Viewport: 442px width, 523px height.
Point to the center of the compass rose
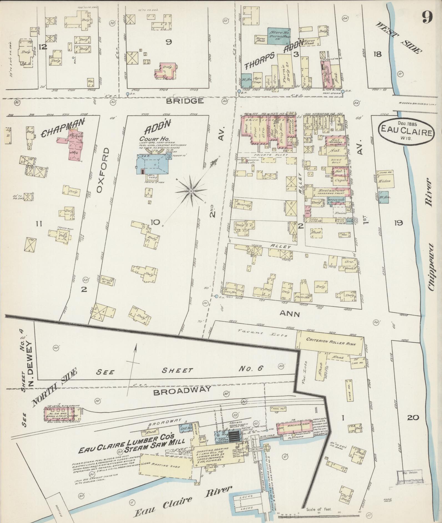coord(191,192)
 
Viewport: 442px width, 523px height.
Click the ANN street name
coord(290,314)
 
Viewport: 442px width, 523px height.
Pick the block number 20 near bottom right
coord(413,417)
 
